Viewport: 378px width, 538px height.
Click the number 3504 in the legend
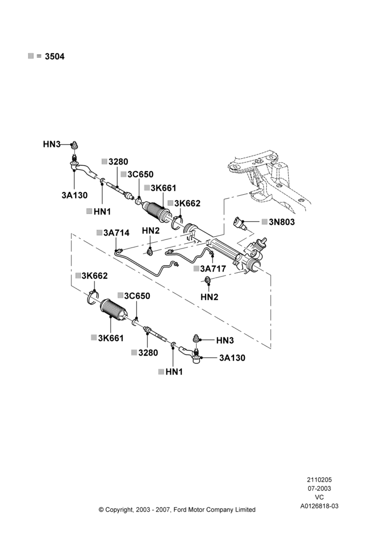pyautogui.click(x=55, y=56)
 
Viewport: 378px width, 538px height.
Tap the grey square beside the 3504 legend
pyautogui.click(x=31, y=56)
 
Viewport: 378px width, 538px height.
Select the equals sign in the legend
pyautogui.click(x=39, y=56)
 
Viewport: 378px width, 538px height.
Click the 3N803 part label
pyautogui.click(x=281, y=222)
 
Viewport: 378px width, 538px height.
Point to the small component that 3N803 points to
pyautogui.click(x=239, y=223)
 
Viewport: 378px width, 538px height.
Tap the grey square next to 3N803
pyautogui.click(x=264, y=222)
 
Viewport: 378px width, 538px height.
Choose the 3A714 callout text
pyautogui.click(x=117, y=233)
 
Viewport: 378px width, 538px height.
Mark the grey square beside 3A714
pyautogui.click(x=99, y=232)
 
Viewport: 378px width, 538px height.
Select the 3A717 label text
pyautogui.click(x=213, y=268)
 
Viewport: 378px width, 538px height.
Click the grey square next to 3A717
pyautogui.click(x=196, y=268)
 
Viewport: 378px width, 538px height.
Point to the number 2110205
pyautogui.click(x=319, y=480)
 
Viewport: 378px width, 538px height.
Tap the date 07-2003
pyautogui.click(x=319, y=489)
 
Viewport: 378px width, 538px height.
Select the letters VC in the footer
pyautogui.click(x=319, y=497)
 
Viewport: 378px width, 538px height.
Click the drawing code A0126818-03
pyautogui.click(x=319, y=506)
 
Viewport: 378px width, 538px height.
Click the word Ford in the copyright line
pyautogui.click(x=180, y=510)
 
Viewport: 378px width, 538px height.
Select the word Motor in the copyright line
pyautogui.click(x=195, y=510)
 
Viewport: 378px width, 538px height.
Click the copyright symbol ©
pyautogui.click(x=101, y=510)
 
